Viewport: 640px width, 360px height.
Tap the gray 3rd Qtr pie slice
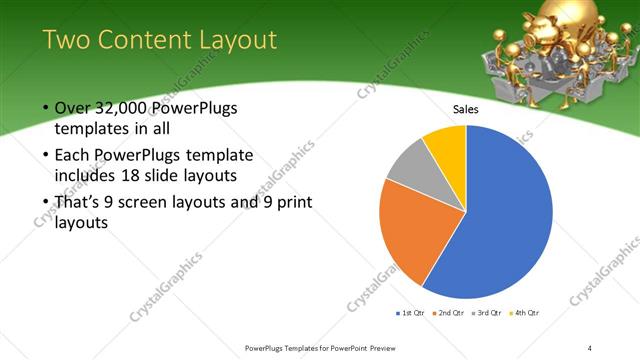(408, 170)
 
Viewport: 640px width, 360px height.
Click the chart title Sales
(466, 108)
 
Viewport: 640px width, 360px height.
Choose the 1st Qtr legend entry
(410, 313)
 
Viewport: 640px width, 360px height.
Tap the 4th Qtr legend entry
(526, 313)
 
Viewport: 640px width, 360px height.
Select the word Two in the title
(69, 39)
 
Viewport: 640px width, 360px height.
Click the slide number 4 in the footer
(590, 347)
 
